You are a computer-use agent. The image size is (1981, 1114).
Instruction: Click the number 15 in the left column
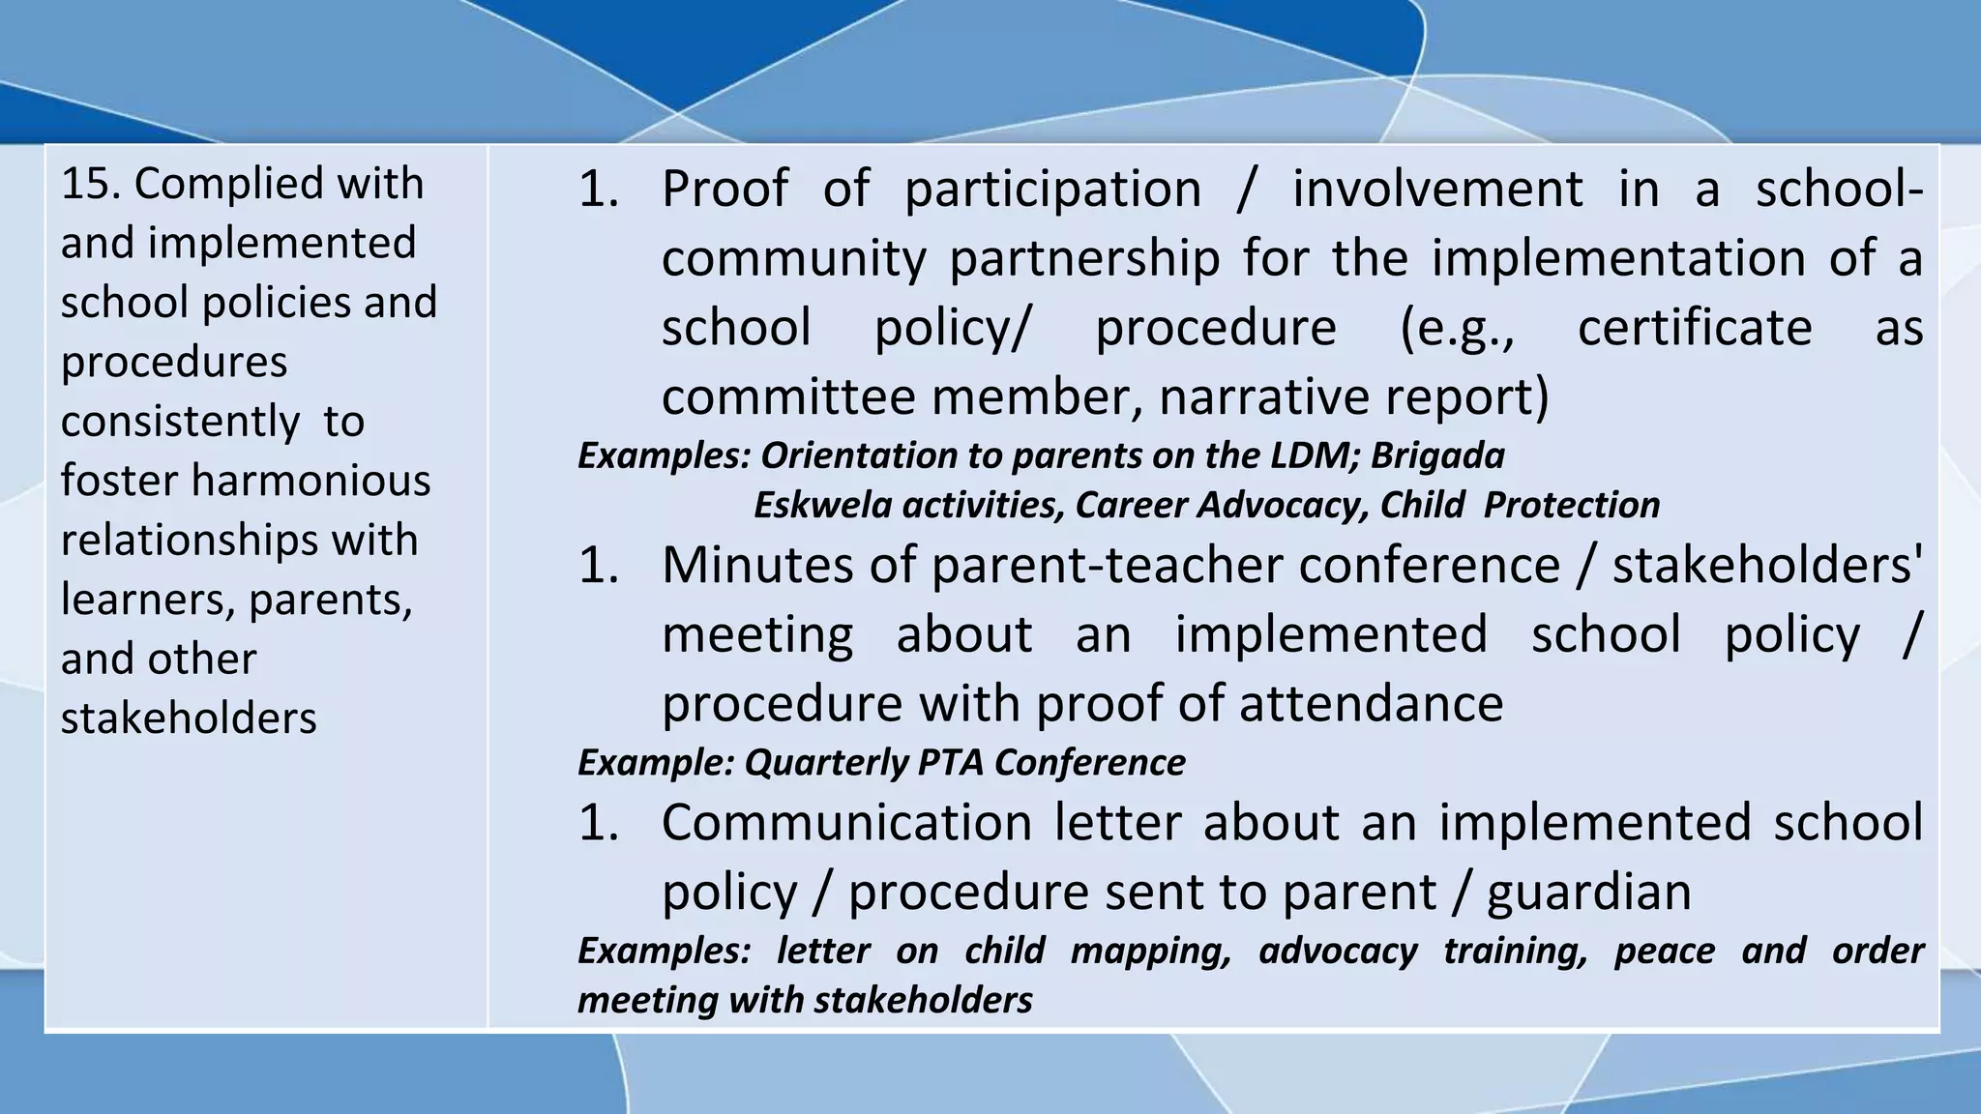(x=90, y=184)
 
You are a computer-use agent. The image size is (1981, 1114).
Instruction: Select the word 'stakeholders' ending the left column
(x=189, y=718)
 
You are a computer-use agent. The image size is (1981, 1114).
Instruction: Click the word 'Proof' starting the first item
(x=724, y=189)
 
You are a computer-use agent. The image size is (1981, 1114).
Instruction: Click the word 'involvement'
(x=1437, y=189)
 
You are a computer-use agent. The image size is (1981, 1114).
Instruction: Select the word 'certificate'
(x=1695, y=328)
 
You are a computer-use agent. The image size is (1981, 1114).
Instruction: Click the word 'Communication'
(x=847, y=823)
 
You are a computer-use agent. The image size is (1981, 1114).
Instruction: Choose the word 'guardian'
(x=1588, y=893)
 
